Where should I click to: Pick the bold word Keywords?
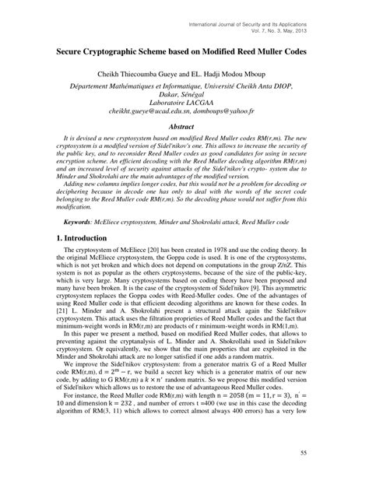(83, 222)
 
